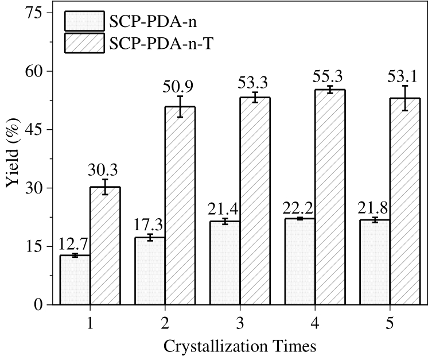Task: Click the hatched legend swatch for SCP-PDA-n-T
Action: [84, 44]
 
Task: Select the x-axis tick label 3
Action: [239, 323]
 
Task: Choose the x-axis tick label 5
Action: [390, 323]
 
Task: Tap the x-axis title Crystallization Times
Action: [239, 346]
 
